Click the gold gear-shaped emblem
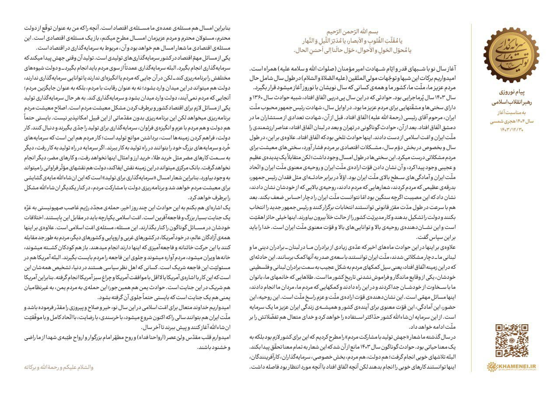coord(511,55)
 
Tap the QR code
coord(511,340)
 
